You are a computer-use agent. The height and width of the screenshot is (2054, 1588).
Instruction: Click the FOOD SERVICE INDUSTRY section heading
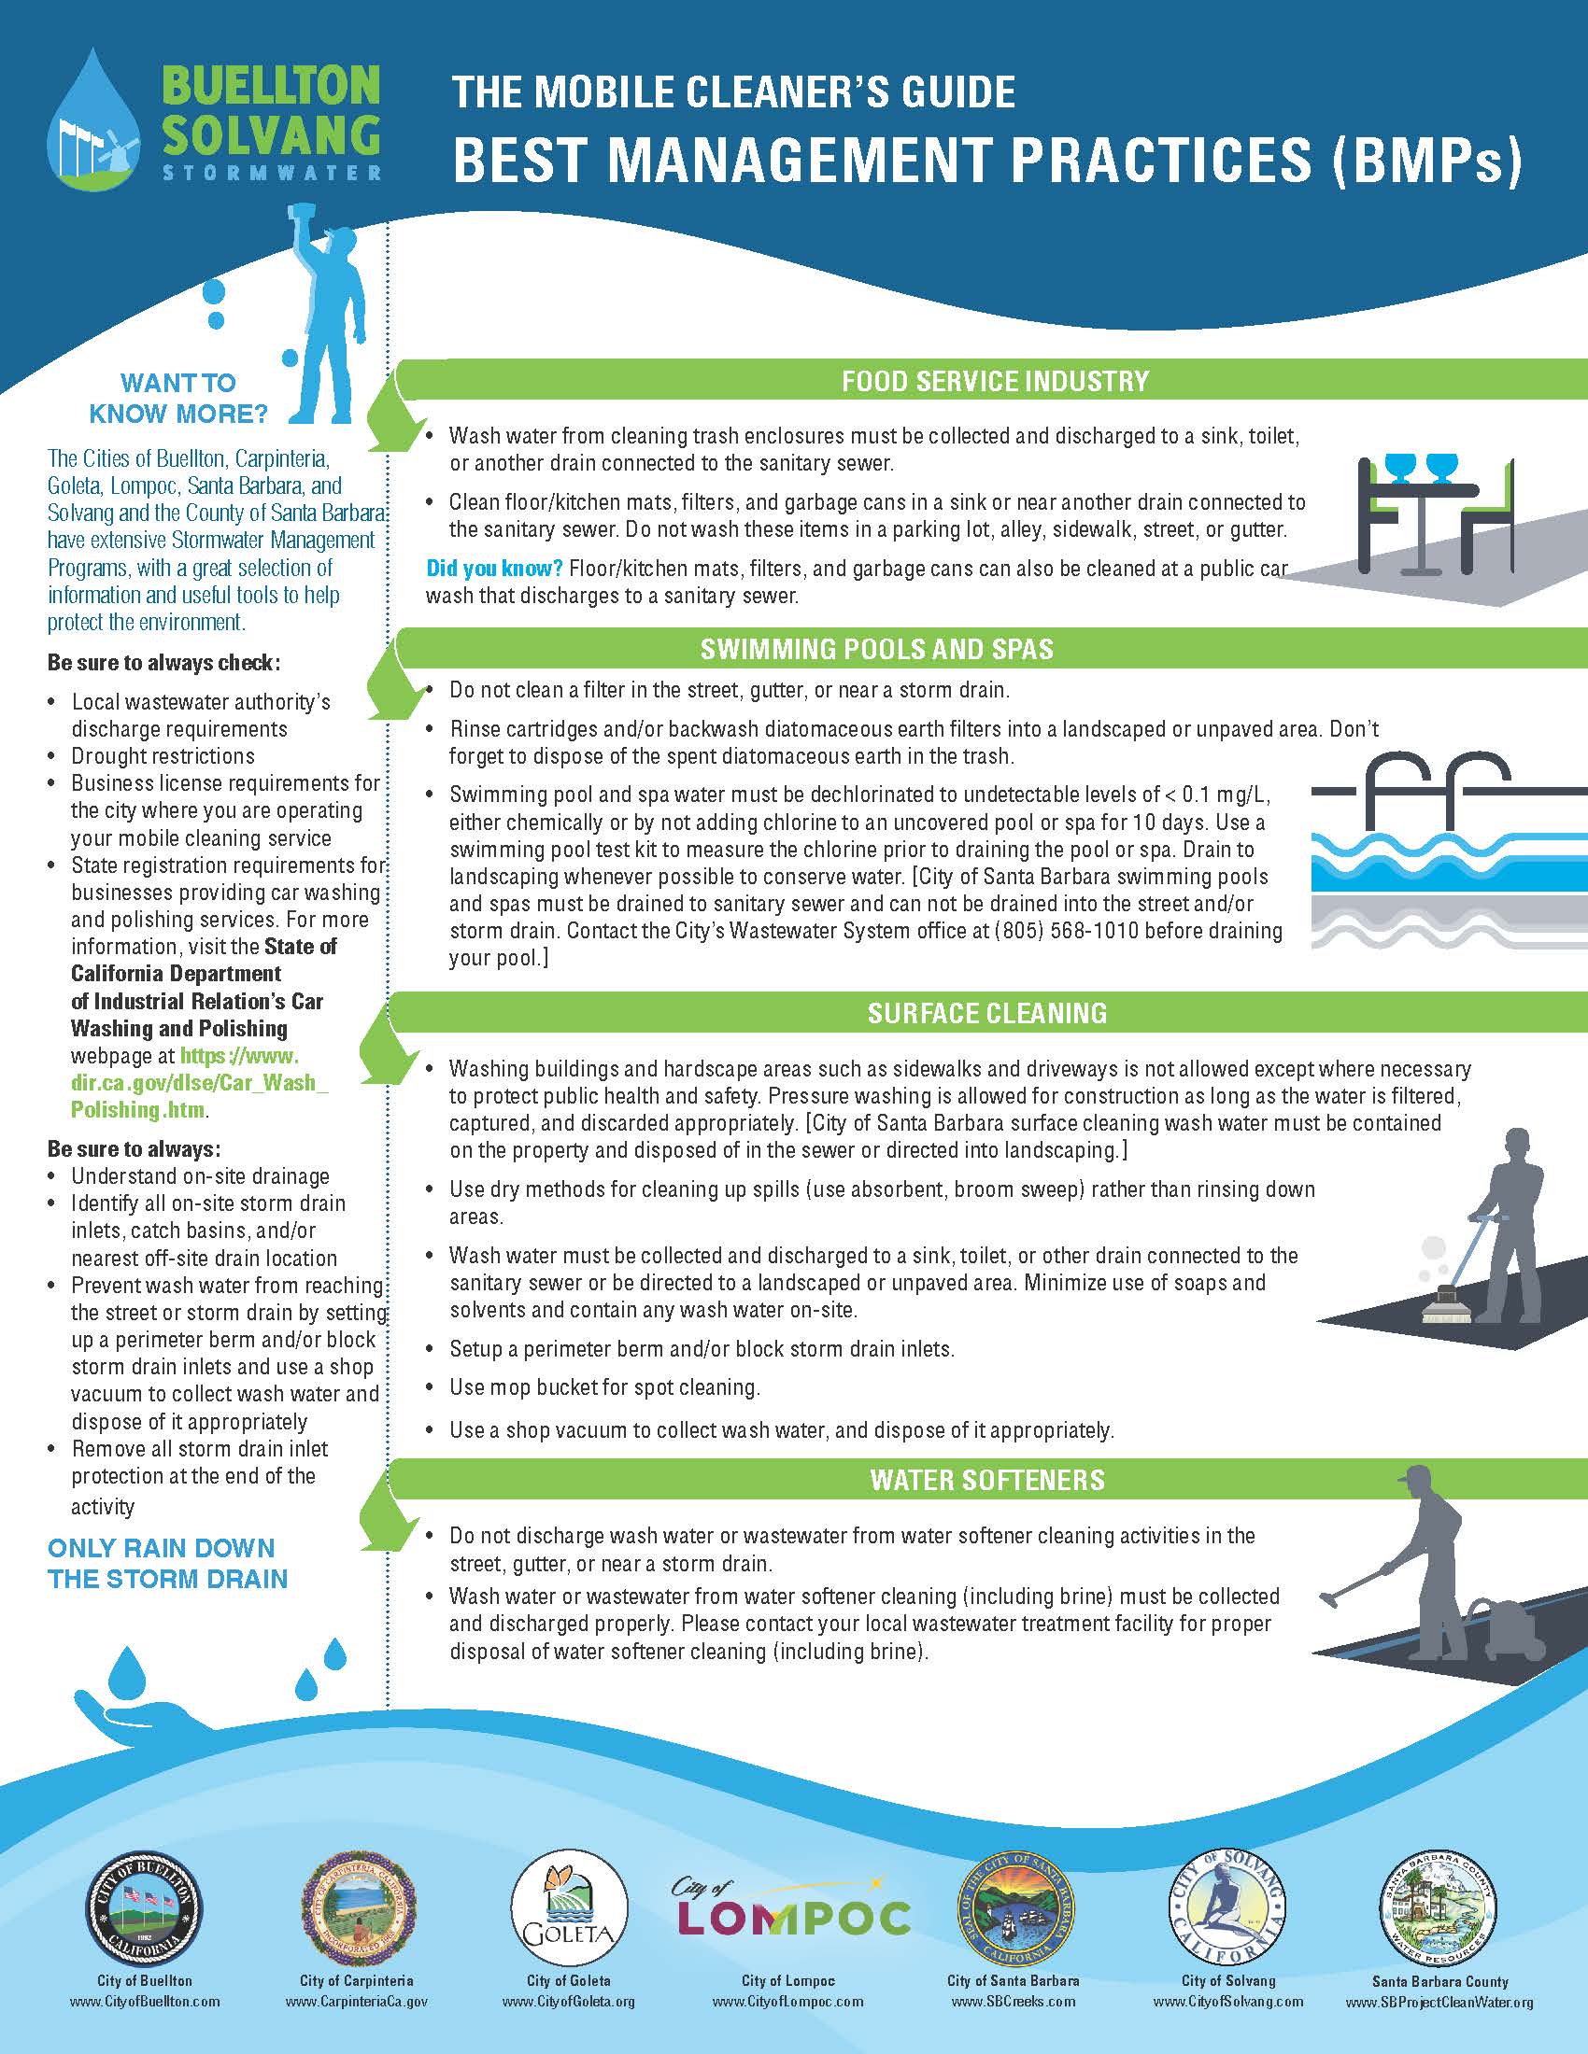click(995, 381)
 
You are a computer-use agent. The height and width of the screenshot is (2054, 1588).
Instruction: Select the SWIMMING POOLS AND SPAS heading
click(876, 649)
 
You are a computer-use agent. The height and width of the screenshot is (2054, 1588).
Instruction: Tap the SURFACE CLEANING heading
click(986, 1013)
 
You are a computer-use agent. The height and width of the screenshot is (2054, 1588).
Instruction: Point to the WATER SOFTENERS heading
click(986, 1480)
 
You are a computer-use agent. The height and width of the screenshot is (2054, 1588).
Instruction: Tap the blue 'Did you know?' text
click(494, 568)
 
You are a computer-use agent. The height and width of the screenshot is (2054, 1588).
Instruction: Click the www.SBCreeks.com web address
click(1013, 2002)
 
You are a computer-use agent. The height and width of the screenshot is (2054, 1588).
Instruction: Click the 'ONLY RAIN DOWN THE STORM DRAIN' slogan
click(167, 1563)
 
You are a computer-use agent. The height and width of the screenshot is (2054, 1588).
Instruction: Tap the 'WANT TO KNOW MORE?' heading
click(177, 398)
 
